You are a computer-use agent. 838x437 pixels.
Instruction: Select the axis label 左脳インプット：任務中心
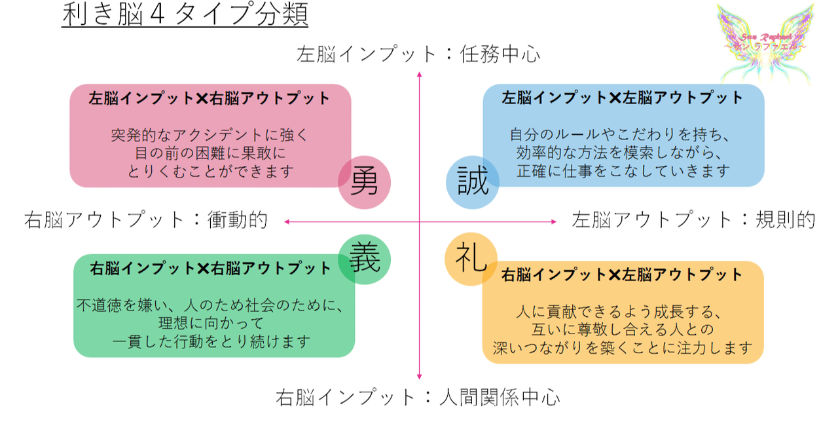[419, 54]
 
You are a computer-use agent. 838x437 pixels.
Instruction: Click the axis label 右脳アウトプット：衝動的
[146, 219]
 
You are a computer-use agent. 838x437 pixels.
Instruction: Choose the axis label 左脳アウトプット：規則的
[693, 219]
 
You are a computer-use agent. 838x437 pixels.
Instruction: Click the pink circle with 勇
[365, 182]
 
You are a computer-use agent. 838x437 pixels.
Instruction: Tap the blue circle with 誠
[473, 182]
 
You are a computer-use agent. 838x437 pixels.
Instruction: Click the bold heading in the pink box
[209, 99]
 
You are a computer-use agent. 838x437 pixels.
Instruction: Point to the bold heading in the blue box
[623, 98]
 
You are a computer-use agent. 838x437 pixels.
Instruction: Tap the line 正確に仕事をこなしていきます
[623, 172]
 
